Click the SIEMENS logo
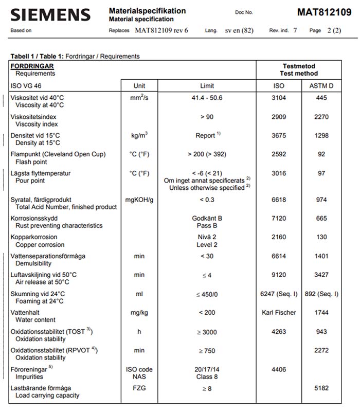coord(50,14)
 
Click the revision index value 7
coord(295,30)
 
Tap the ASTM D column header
coord(321,85)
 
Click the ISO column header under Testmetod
coord(278,85)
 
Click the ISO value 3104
coord(278,97)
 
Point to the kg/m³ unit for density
coord(139,135)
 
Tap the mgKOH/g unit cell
coord(139,200)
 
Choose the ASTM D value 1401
coord(321,256)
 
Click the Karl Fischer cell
coord(278,312)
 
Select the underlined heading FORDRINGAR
coord(32,66)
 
